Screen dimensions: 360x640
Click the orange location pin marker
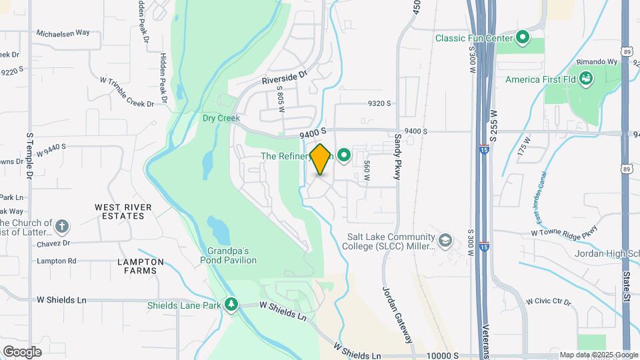[321, 159]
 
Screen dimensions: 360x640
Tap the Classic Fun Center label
[473, 38]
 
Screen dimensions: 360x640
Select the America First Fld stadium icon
[587, 80]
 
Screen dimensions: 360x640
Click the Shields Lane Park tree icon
[231, 305]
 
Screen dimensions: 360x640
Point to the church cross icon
[62, 227]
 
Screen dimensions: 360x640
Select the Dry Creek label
[221, 118]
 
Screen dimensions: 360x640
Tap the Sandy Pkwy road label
[397, 157]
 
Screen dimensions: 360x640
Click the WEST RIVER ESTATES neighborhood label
[119, 211]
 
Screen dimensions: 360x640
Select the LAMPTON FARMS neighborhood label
[137, 266]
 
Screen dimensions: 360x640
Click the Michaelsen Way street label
[63, 32]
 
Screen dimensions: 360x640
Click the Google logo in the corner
[21, 351]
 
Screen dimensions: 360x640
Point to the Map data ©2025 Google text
[598, 355]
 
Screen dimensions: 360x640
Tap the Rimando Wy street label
[597, 62]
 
